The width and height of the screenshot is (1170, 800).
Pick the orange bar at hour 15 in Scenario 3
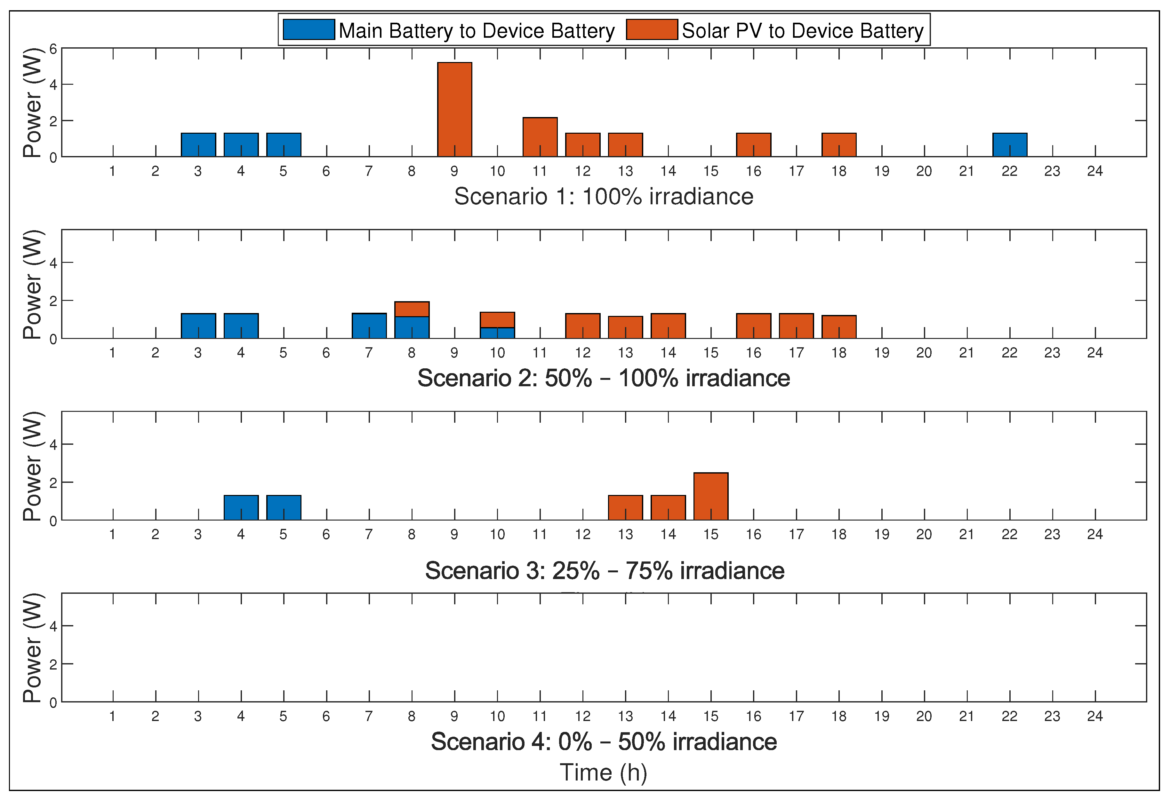pyautogui.click(x=710, y=496)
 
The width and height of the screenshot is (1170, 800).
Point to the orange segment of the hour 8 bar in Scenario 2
pyautogui.click(x=412, y=309)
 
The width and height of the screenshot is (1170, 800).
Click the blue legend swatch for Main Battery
pyautogui.click(x=309, y=30)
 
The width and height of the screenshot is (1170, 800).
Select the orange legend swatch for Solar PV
pyautogui.click(x=652, y=30)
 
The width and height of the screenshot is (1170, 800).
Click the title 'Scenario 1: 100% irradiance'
pyautogui.click(x=603, y=196)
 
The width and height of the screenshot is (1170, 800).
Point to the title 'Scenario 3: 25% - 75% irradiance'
pyautogui.click(x=604, y=570)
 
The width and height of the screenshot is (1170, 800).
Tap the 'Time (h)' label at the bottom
pyautogui.click(x=603, y=772)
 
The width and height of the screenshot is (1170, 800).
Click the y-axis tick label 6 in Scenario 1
pyautogui.click(x=53, y=49)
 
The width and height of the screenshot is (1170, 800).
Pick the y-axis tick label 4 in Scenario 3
pyautogui.click(x=53, y=445)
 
